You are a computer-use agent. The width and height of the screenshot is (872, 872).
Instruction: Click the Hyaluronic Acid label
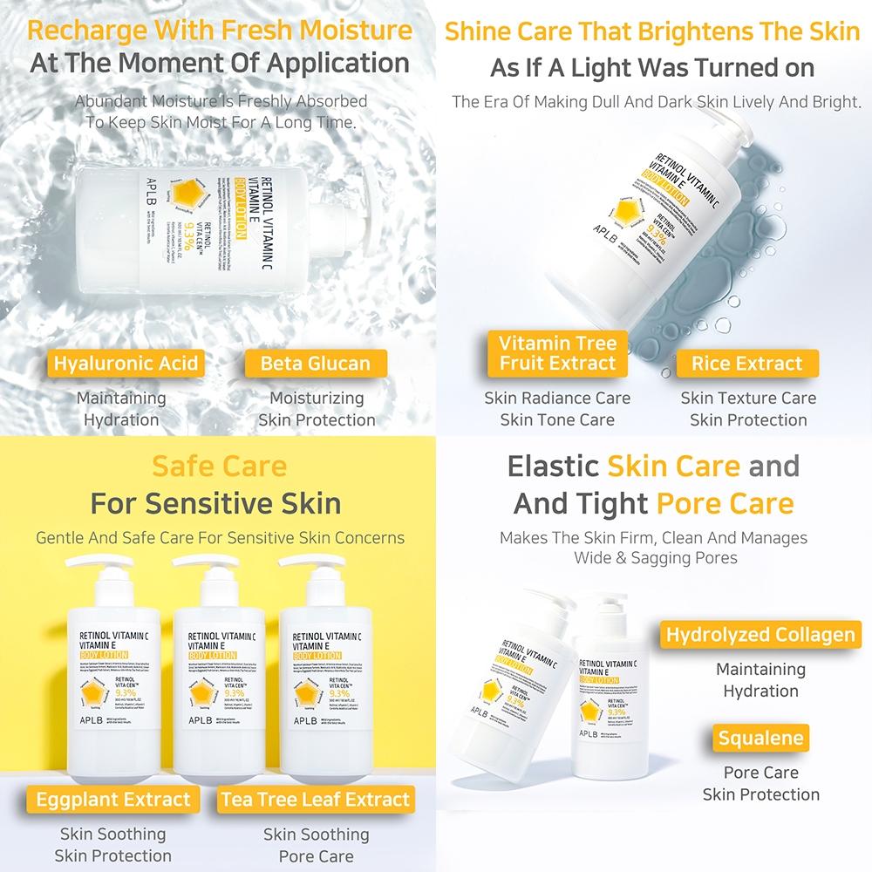tap(126, 364)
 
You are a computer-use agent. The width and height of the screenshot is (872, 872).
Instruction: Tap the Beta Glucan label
tap(316, 364)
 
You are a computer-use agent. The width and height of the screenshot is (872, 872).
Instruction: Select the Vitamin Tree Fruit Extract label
tap(558, 352)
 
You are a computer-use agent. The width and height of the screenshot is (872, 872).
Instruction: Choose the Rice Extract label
tap(747, 364)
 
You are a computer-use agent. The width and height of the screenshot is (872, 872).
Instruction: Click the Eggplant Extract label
tap(113, 799)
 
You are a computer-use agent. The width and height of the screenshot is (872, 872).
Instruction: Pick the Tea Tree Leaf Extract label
tap(316, 799)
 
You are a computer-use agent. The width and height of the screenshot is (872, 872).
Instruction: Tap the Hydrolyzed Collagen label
tap(760, 634)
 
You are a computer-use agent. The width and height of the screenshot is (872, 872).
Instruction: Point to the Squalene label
tap(760, 739)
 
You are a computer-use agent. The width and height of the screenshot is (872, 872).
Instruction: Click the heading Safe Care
tap(219, 465)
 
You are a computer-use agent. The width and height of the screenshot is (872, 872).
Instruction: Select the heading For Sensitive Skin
tap(217, 503)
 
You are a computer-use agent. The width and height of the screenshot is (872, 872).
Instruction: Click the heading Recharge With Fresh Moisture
tap(219, 31)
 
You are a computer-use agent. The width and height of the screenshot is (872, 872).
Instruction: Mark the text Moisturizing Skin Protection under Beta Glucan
tap(317, 409)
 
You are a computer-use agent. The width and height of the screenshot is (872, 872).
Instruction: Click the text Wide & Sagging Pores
tap(655, 558)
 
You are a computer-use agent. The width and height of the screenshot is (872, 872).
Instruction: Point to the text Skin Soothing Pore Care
tap(317, 845)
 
